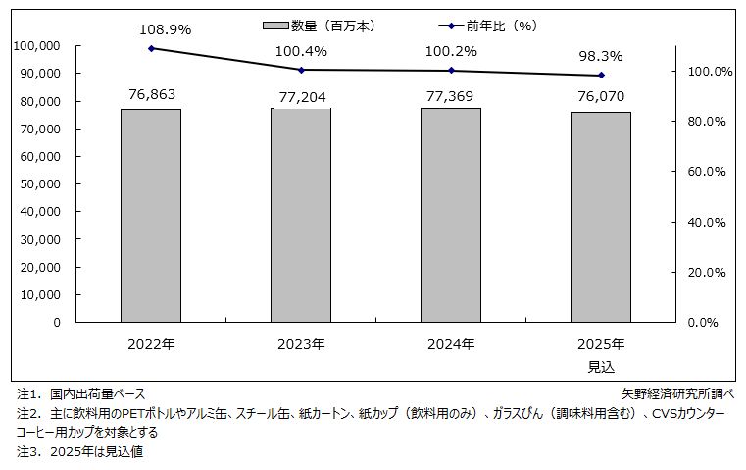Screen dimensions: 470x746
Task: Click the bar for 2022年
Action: pos(150,215)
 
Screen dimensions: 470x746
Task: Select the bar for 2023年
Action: pos(301,215)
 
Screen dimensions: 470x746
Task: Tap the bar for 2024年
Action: pos(451,215)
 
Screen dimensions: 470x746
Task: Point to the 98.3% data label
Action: pos(601,56)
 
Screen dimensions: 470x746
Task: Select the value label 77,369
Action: pos(451,94)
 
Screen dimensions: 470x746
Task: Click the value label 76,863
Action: pos(151,94)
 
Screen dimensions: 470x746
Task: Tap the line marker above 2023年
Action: pos(301,70)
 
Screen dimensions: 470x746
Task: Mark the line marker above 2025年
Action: pos(601,76)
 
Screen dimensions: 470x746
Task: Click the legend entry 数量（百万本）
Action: pos(319,26)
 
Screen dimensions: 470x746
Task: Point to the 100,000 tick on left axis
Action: pos(37,45)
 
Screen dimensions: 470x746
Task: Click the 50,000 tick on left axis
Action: pos(40,183)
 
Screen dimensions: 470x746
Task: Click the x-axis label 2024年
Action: pos(451,344)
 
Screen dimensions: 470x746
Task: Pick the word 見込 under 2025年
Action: pos(601,367)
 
